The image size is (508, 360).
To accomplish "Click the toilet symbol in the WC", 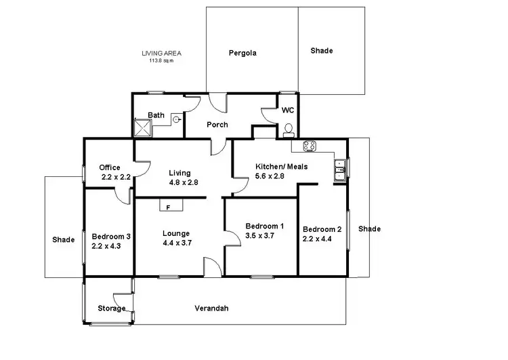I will tap(288, 128).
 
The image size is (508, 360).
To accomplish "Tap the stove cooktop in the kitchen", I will tap(310, 145).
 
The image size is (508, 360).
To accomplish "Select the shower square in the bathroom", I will tap(143, 127).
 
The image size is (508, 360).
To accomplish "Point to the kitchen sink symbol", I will tap(339, 169).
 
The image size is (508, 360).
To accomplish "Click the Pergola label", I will tap(242, 52).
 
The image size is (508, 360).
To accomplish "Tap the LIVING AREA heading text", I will tap(161, 53).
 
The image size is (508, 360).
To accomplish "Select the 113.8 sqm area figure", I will tap(161, 60).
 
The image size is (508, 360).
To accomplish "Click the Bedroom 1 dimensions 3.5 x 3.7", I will tap(264, 236).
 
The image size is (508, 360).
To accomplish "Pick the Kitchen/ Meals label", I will tap(279, 166).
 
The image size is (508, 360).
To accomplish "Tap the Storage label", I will tap(112, 308).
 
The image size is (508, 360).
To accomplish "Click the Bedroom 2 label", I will tap(322, 228).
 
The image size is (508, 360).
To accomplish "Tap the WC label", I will tap(287, 110).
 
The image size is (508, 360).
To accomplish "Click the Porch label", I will tap(217, 125).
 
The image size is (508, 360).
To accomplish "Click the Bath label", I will tap(156, 115).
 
